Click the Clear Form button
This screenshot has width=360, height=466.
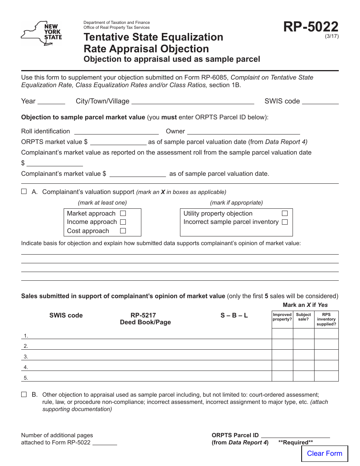[324, 453]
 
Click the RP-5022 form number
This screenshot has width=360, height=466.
[311, 27]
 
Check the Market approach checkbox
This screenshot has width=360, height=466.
[123, 214]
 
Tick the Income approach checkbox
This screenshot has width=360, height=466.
[123, 222]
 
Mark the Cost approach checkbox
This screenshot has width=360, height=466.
[123, 231]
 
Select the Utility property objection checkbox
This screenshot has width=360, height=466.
[285, 214]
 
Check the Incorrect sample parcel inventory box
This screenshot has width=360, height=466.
[285, 222]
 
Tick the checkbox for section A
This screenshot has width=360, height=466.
[24, 192]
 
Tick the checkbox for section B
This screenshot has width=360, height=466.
[24, 394]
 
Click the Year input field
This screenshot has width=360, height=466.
[52, 101]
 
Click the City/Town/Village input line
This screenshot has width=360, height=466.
[193, 101]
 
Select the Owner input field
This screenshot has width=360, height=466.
[243, 131]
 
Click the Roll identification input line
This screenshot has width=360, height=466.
[116, 131]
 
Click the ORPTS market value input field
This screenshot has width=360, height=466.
[118, 142]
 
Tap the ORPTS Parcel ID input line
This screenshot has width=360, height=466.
[296, 435]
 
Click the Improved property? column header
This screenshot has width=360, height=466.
[282, 317]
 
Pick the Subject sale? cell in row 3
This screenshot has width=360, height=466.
[304, 355]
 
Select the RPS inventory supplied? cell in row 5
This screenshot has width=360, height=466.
[326, 376]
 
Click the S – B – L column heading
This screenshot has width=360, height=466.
[234, 315]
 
